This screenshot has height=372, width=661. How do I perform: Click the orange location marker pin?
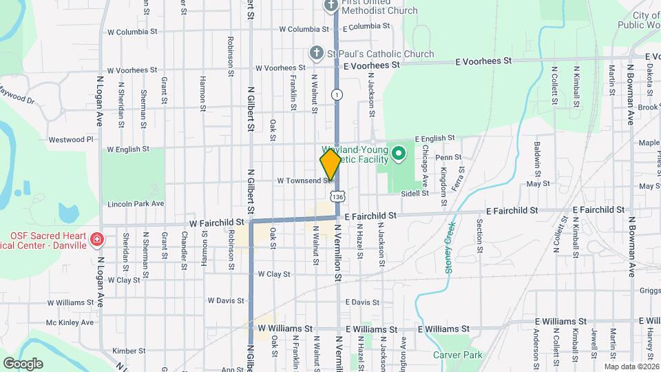tap(330, 164)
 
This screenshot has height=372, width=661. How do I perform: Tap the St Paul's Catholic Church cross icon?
tap(316, 53)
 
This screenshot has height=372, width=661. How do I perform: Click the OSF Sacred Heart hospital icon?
tap(98, 239)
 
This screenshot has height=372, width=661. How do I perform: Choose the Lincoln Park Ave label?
tap(136, 204)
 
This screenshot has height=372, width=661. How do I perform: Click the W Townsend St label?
tap(304, 180)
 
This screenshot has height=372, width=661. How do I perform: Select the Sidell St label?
tap(415, 194)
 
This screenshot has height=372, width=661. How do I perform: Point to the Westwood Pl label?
tap(70, 139)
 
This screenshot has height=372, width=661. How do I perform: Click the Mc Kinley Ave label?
tap(70, 322)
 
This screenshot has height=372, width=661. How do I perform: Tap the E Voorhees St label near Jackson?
tap(372, 65)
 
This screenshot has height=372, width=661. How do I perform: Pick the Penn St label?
tap(443, 158)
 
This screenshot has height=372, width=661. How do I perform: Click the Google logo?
tap(23, 363)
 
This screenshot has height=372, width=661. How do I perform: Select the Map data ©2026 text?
tap(631, 366)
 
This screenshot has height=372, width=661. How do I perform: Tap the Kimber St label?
tap(125, 351)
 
